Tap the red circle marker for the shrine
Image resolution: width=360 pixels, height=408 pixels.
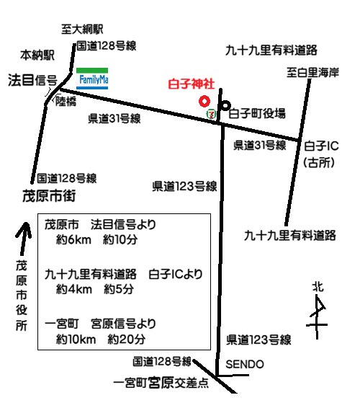[204, 101]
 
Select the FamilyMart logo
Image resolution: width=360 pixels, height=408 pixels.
[91, 78]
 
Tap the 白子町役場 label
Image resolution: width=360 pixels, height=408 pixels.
[257, 113]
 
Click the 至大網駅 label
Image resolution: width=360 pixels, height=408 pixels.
[83, 29]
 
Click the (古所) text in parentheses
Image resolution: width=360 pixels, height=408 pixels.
[319, 162]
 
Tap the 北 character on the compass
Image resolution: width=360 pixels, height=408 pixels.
[318, 286]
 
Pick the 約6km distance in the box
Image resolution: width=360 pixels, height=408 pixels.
[75, 241]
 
